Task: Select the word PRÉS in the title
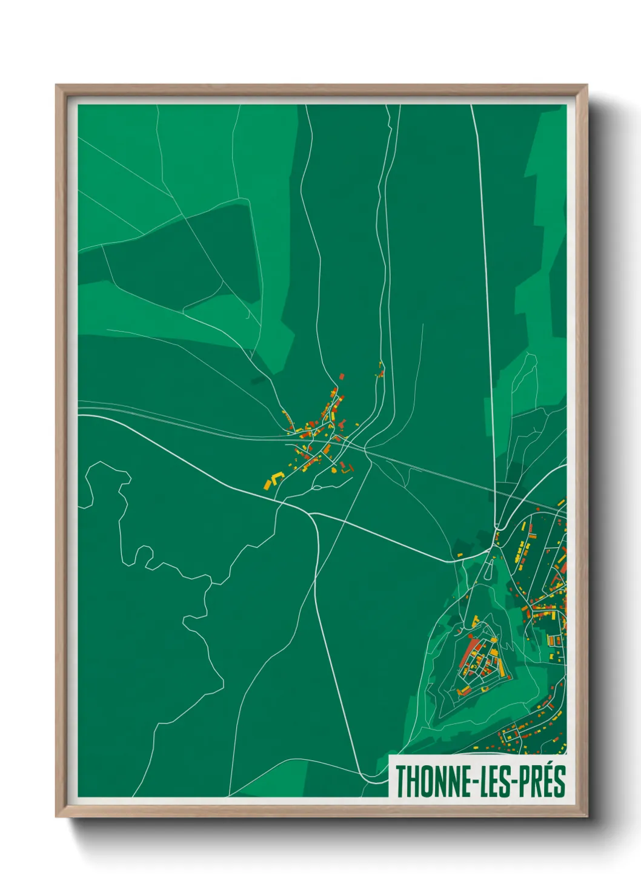[542, 782]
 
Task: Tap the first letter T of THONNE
[400, 782]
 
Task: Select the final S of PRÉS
[560, 782]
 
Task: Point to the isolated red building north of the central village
[341, 376]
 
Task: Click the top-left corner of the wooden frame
[57, 86]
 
